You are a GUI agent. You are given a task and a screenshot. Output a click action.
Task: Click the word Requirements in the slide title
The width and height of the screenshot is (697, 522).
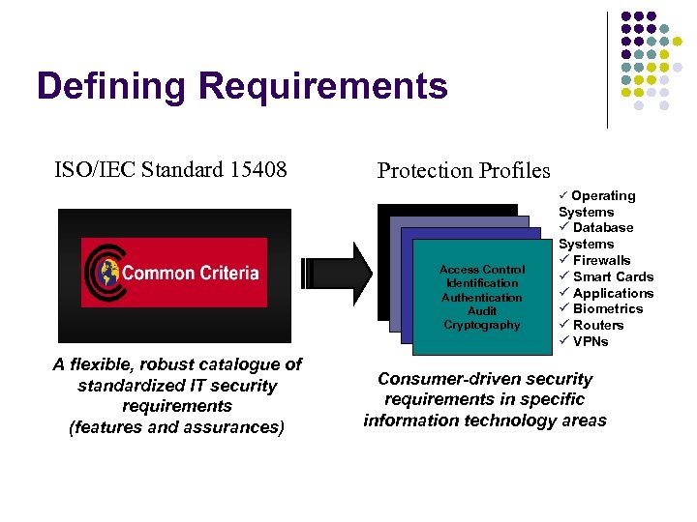point(323,87)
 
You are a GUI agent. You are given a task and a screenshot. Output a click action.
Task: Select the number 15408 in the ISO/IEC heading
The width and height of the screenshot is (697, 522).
point(258,170)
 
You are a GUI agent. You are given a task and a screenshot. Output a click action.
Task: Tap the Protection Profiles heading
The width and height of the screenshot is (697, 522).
point(464,171)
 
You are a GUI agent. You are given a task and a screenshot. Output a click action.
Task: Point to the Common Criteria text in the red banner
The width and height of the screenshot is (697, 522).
point(191,273)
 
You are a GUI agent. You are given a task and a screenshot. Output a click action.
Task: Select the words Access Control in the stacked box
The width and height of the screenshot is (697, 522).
point(482,270)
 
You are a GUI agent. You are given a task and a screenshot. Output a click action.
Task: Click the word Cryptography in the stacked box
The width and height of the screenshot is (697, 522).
point(482,325)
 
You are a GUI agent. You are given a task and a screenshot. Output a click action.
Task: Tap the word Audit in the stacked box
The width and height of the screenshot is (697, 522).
point(482,311)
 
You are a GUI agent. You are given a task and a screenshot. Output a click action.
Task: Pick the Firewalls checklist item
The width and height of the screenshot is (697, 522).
point(600,260)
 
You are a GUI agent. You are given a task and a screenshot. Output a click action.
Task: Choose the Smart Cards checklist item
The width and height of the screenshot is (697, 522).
point(612,276)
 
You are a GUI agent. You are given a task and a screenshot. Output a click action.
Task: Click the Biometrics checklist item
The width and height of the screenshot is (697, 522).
point(607,308)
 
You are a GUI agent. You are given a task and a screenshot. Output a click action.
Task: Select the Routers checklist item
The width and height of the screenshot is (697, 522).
point(597,325)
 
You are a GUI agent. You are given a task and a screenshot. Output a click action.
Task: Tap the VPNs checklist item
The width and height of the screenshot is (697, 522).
point(591,341)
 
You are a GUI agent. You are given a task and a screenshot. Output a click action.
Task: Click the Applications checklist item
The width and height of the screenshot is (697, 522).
point(613,293)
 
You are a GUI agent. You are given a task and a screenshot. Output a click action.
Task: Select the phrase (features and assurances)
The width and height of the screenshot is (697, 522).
point(176,427)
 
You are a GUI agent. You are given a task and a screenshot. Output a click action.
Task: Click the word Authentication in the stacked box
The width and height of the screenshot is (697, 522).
point(482,298)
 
